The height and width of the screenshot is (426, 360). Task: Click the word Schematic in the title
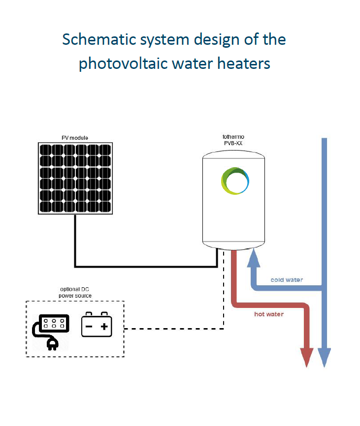(x=99, y=39)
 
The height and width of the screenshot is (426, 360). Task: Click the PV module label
(x=75, y=138)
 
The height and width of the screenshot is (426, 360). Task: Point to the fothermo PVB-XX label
(x=233, y=140)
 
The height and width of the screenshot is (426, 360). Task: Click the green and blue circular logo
(x=235, y=181)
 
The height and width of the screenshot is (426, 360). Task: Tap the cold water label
(x=287, y=280)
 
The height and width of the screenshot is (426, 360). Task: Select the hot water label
(x=269, y=314)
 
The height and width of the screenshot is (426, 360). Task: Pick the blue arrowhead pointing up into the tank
(x=254, y=258)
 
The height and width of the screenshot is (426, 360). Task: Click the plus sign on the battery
(x=104, y=327)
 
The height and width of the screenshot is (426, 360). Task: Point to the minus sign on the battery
(x=89, y=327)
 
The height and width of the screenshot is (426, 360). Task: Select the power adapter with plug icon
(x=51, y=332)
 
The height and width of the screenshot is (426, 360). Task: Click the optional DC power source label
(x=75, y=292)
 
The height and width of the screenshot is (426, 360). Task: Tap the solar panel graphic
(x=75, y=178)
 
